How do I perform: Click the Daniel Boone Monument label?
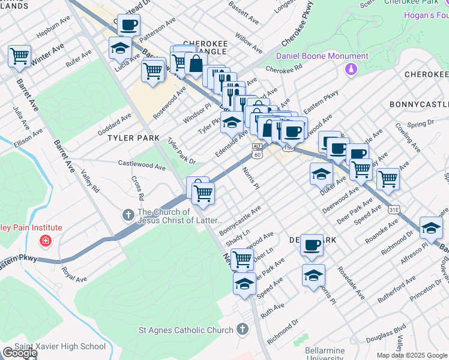322,56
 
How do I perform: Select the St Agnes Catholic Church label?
185,330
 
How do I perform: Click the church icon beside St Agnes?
242,329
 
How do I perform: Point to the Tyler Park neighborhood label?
133,138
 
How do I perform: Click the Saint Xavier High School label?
59,346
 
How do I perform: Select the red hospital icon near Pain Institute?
44,241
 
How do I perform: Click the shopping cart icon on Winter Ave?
19,56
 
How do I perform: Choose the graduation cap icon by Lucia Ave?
121,47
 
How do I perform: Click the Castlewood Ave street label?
141,164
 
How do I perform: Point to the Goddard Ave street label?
114,124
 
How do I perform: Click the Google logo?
20,353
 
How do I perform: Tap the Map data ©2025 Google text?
412,355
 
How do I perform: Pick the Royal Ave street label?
75,275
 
